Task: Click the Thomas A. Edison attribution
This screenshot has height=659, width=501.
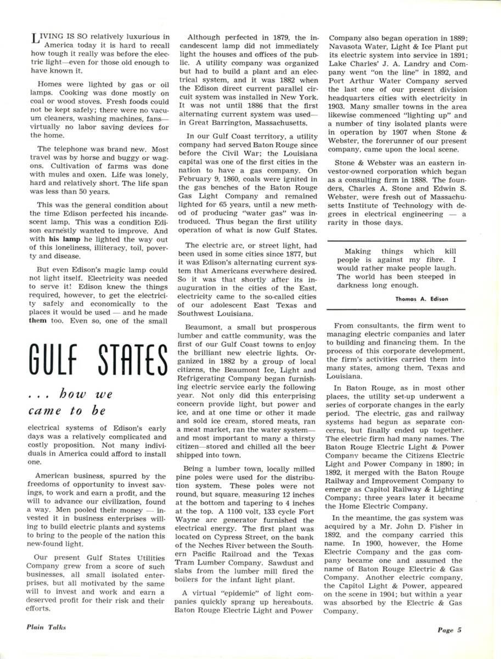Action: (x=421, y=299)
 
